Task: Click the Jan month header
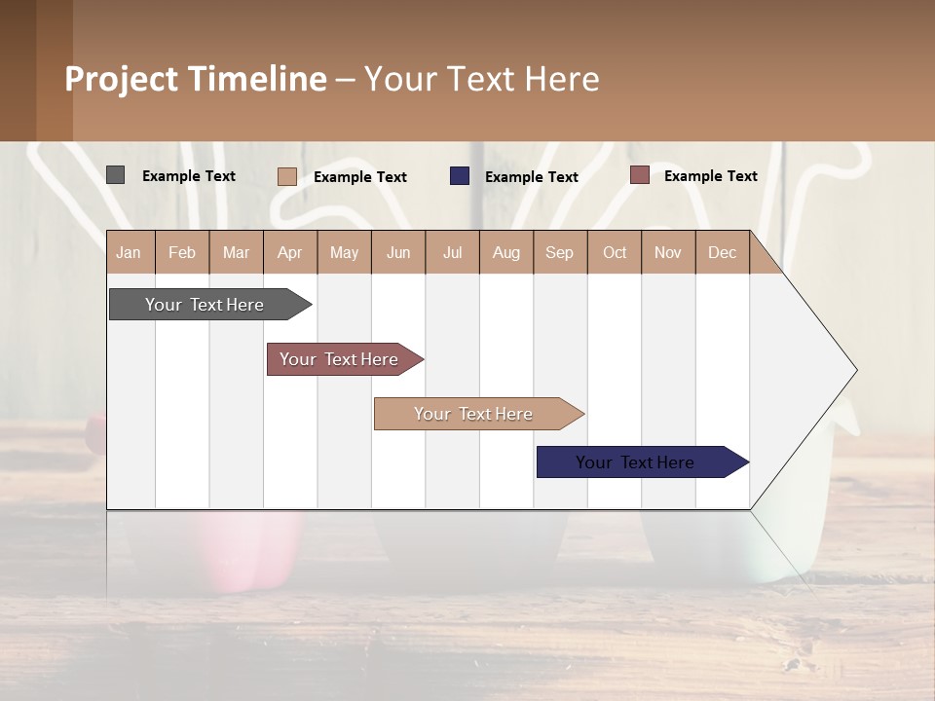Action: (x=130, y=252)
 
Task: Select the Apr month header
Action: (x=290, y=252)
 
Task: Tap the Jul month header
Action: (x=452, y=252)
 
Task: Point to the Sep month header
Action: (x=560, y=252)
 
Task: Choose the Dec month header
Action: (x=722, y=252)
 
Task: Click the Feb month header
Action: (x=182, y=252)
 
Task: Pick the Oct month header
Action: (x=615, y=252)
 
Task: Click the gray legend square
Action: (x=115, y=175)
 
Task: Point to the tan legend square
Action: (x=286, y=176)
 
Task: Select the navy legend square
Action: (x=459, y=176)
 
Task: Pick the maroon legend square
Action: (x=639, y=175)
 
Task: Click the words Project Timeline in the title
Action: (x=195, y=79)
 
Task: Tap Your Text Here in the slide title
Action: (x=481, y=79)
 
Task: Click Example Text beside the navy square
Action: (x=532, y=177)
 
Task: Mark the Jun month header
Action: (x=398, y=252)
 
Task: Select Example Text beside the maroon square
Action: (x=710, y=176)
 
